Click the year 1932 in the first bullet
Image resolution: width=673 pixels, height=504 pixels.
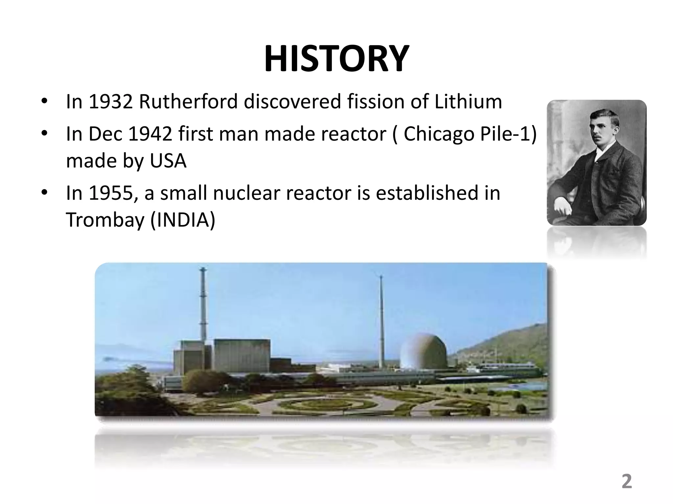tap(110, 102)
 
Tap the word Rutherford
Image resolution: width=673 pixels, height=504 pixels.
tap(188, 102)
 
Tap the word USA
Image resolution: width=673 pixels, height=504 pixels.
tap(168, 161)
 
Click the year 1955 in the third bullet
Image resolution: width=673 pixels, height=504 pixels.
tap(110, 193)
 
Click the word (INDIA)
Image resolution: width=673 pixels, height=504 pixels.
tap(183, 220)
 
